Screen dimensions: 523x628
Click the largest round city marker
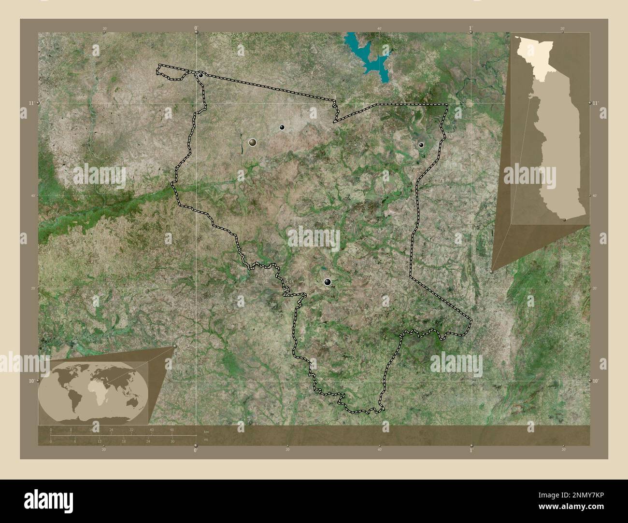pos(252,142)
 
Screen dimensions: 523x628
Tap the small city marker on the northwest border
pos(200,75)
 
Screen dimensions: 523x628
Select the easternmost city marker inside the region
pos(421,145)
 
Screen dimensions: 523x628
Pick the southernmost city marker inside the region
pos(328,282)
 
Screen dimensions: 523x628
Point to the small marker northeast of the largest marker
pos(282,127)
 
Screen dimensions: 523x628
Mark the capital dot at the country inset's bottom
pos(565,220)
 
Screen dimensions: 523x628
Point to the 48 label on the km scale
pos(171,429)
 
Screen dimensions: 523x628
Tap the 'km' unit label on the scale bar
pos(206,431)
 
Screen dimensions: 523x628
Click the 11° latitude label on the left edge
pos(31,103)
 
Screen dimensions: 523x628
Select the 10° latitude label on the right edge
pos(596,381)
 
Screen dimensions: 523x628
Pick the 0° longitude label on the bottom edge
pos(195,450)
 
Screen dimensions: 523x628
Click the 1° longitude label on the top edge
pos(471,28)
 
